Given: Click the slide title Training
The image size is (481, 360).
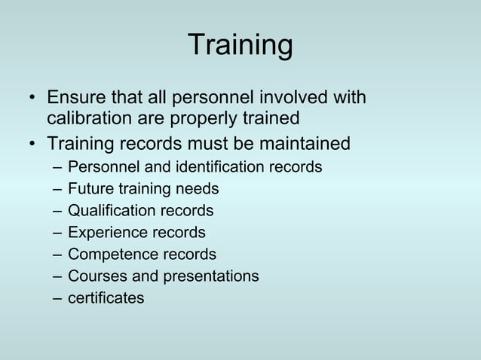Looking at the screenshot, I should tap(240, 44).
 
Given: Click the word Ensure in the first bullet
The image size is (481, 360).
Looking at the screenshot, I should tap(75, 99).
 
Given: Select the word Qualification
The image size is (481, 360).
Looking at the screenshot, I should tap(111, 210).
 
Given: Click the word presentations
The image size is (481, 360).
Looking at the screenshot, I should tap(210, 276).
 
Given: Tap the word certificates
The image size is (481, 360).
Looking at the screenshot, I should tap(106, 298).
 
